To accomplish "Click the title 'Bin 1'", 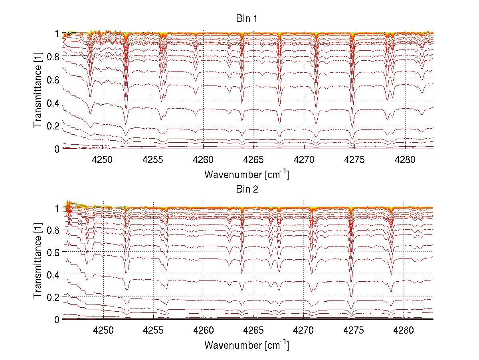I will coord(247,19).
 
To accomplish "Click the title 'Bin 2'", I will coord(247,189).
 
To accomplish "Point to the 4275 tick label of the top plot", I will coord(354,159).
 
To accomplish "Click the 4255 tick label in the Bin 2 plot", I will coord(153,330).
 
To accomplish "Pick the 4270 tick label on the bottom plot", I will coord(303,330).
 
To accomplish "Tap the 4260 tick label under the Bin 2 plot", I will coord(204,330).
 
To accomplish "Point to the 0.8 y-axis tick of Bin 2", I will coord(53,230).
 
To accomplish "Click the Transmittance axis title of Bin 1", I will coord(38,91).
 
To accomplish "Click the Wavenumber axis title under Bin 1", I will coord(247,174).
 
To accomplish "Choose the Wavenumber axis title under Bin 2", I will coord(247,345).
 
